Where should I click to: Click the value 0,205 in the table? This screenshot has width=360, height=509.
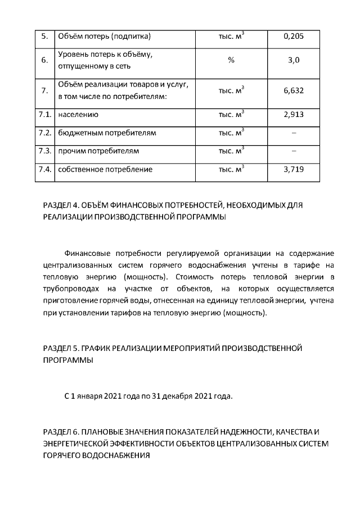point(294,37)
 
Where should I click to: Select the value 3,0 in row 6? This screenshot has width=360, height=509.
point(294,60)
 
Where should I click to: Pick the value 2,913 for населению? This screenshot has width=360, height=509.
point(294,115)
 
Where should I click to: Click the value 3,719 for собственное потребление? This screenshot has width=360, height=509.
point(294,169)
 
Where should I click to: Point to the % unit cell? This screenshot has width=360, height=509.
point(231,60)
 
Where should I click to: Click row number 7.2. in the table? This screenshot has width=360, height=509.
point(44,133)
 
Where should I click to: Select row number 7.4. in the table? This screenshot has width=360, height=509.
point(44,169)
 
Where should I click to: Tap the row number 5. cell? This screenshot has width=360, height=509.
point(44,37)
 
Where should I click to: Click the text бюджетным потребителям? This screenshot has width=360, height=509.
point(107,133)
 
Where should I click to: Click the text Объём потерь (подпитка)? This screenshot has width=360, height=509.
point(104,37)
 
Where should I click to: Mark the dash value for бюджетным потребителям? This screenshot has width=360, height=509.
point(294,133)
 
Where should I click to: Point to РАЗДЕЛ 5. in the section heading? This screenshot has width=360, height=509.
point(62,349)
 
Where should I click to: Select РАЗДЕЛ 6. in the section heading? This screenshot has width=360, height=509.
point(62,433)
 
